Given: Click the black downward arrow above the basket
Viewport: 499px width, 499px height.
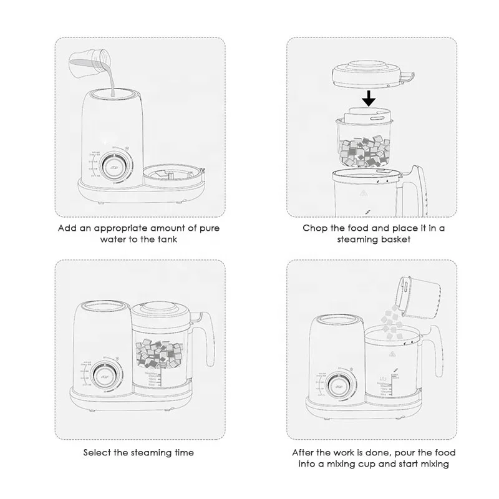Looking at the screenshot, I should [369, 99].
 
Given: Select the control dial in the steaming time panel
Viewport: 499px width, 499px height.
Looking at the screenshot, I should [103, 376].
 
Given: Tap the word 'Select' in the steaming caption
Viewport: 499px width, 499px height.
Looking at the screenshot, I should [97, 452].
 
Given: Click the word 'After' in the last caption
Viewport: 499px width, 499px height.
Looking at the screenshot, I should [304, 452].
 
